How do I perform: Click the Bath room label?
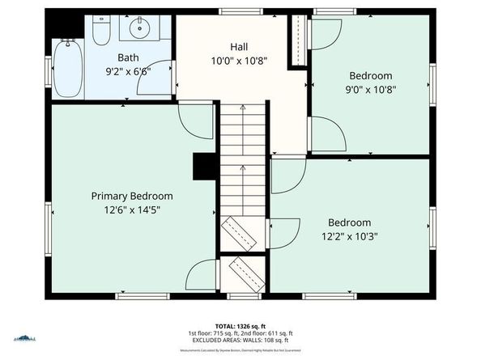(128, 57)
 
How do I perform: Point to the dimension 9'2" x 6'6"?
(128, 71)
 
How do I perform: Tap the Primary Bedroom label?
(131, 196)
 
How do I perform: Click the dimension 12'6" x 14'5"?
(131, 210)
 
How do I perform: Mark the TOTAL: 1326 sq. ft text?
(240, 325)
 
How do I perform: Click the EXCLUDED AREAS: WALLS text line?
(240, 340)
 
